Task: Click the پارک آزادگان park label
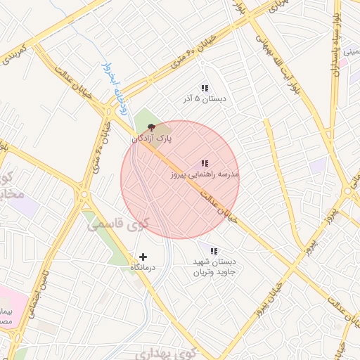[x=151, y=139]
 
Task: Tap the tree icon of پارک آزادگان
[x=152, y=128]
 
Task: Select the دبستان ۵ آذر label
[x=204, y=99]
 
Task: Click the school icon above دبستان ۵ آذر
[x=205, y=88]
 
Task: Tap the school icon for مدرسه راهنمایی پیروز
[x=205, y=163]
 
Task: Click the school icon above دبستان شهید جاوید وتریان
[x=214, y=250]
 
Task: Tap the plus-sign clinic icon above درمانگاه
[x=143, y=257]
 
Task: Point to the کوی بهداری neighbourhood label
[x=163, y=352]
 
